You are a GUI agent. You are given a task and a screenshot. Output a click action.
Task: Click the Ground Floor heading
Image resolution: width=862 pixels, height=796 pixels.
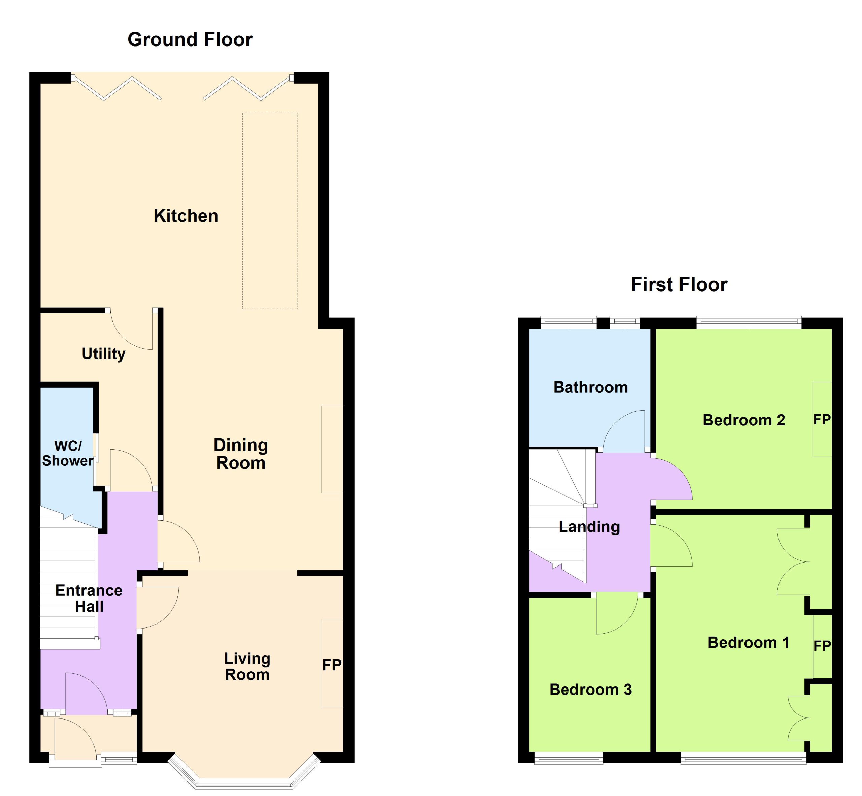pos(190,40)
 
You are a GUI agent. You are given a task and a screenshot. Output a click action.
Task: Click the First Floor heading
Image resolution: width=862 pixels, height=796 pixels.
pos(679,285)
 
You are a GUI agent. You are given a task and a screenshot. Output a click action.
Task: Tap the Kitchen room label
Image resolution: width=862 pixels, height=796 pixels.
pos(186,216)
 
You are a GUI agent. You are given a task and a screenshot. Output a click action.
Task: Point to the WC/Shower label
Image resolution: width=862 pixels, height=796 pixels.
pos(68,453)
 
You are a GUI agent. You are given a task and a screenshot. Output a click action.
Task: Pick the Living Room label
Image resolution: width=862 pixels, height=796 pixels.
pos(247,666)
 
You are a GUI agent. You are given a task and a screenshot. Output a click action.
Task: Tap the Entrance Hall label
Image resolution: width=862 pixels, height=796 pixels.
pos(89,598)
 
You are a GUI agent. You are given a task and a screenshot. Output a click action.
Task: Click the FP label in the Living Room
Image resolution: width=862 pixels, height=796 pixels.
pos(332,665)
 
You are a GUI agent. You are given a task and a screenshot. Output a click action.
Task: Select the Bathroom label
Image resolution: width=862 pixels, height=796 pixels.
pos(591,387)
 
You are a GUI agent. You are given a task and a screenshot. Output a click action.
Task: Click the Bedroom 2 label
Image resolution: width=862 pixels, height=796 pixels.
pos(744,420)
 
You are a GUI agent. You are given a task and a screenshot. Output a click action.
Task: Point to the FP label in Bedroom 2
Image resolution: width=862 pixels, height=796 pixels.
pos(822,420)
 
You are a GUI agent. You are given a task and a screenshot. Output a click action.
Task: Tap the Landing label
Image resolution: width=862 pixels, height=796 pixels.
pos(589,527)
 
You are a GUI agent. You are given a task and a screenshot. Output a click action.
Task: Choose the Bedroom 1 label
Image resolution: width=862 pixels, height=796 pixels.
pos(749,643)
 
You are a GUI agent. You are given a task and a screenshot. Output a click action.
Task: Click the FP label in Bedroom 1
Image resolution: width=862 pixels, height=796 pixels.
pos(822,646)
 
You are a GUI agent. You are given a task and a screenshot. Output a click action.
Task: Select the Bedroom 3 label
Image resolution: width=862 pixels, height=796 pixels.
pos(591,690)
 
